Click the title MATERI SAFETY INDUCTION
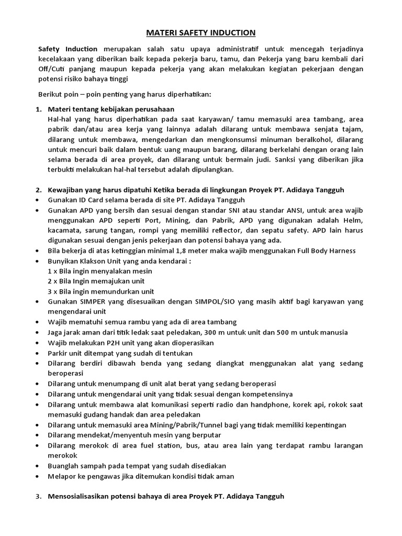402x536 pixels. [x=201, y=33]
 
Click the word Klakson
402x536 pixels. [x=94, y=260]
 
